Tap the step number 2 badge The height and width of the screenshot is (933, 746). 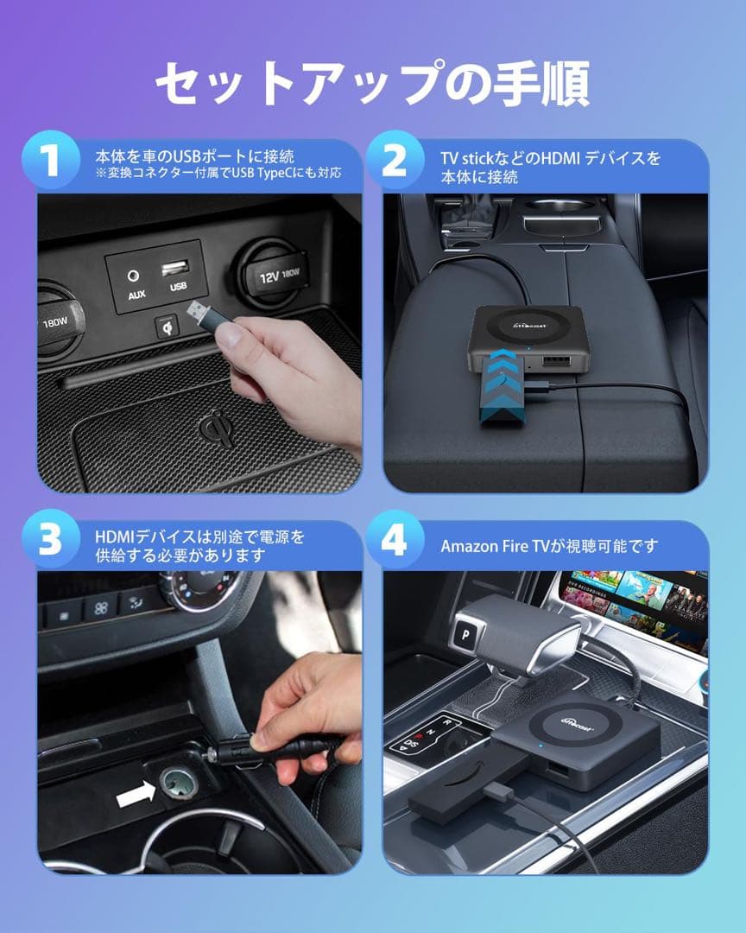click(395, 162)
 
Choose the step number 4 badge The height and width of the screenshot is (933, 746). click(395, 543)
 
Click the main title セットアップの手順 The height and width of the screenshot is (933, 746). click(372, 84)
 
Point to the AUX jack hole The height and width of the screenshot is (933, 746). click(134, 276)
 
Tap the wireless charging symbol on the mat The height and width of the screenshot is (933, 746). click(215, 428)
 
